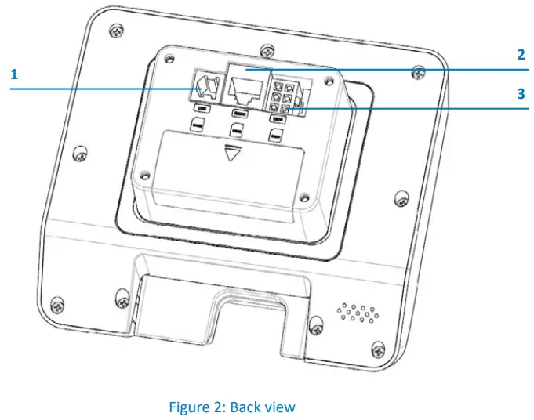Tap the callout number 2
pyautogui.click(x=520, y=55)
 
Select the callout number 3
pyautogui.click(x=520, y=93)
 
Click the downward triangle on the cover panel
pyautogui.click(x=231, y=154)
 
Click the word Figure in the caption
pyautogui.click(x=189, y=407)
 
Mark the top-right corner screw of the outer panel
pyautogui.click(x=421, y=74)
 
